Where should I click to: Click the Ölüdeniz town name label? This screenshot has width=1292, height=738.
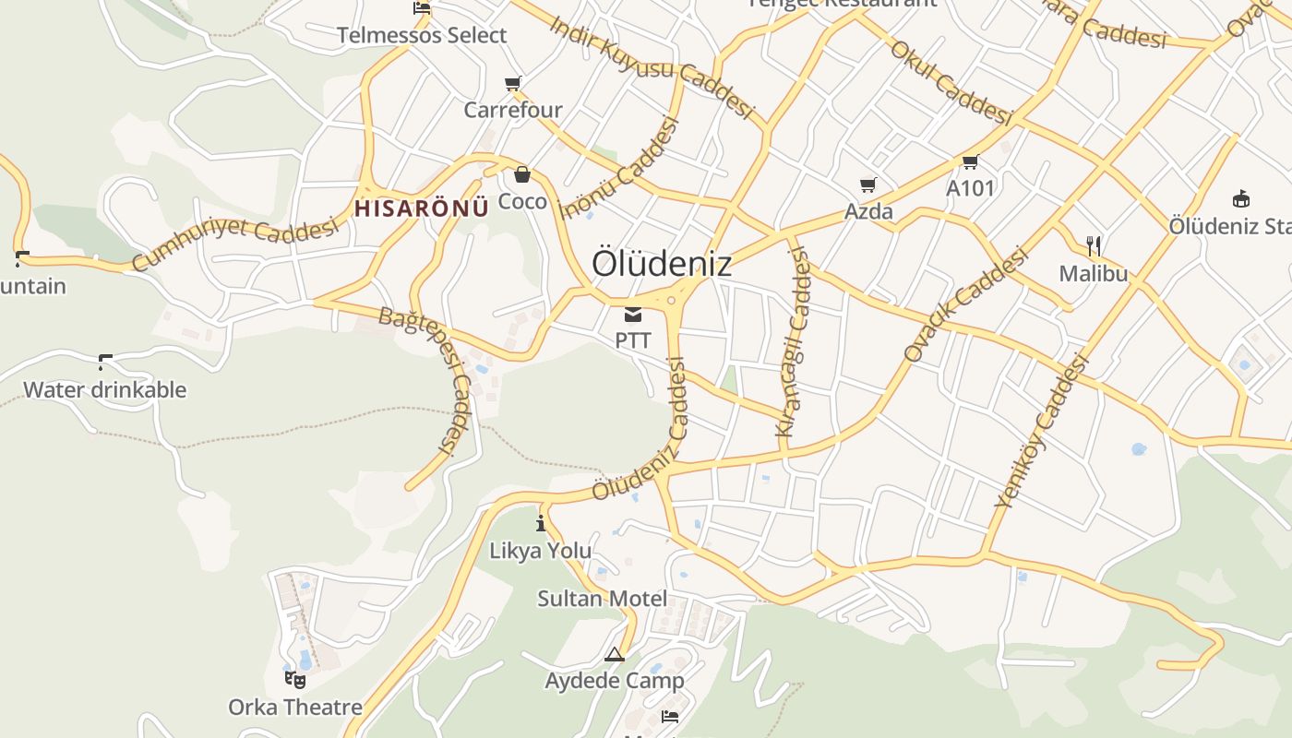662,264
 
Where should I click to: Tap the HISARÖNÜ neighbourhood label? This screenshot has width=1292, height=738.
422,208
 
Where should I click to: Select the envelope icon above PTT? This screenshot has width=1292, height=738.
633,315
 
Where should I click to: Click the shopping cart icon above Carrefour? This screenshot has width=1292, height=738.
513,84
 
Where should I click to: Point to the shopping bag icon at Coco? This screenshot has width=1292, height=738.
522,174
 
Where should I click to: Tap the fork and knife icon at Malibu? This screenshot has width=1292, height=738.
1094,245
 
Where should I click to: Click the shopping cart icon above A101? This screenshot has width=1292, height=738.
970,162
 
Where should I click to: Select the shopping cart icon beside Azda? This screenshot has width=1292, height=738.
867,184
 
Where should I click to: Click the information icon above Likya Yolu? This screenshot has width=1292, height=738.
541,524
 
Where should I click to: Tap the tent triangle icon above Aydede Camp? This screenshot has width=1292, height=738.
615,655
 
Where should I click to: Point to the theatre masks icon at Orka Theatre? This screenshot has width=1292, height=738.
295,680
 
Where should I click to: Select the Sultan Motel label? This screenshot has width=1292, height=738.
603,599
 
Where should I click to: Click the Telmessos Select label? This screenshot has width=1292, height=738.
422,35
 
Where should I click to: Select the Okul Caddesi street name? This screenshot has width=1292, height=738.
951,81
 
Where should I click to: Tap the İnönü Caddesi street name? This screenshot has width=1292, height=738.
618,168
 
